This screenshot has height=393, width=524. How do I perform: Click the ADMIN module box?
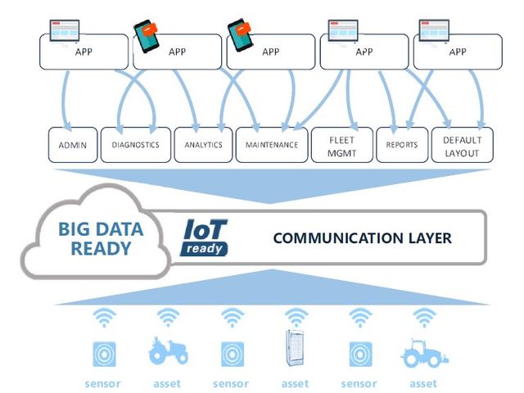[x=73, y=145]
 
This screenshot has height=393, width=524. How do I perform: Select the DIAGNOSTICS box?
[x=136, y=145]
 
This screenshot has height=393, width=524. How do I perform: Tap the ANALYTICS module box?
[x=203, y=145]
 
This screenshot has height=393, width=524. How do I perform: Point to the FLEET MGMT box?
[x=341, y=145]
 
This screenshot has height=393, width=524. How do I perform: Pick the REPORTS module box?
[x=402, y=145]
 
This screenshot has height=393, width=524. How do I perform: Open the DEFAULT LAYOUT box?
[x=463, y=145]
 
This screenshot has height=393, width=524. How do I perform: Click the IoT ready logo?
[x=204, y=237]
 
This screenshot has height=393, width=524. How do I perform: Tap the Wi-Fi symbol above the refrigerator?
[x=295, y=317]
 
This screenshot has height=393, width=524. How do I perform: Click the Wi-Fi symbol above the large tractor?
[x=423, y=317]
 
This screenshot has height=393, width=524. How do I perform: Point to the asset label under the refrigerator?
[x=295, y=383]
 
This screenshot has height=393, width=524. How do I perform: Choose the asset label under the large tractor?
[x=423, y=383]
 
